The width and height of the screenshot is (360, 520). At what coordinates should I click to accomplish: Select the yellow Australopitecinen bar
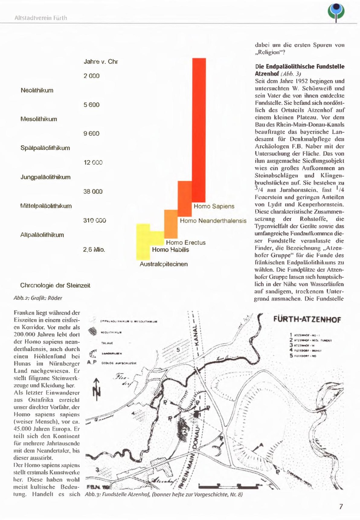pos(143,241)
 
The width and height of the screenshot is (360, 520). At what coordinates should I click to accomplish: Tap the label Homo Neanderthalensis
pos(213,221)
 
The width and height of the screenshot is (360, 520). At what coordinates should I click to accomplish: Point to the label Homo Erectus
pos(186,243)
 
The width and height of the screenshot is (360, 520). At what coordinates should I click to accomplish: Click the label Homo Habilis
pos(171,250)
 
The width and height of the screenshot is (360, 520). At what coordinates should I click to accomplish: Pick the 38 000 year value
pos(93,192)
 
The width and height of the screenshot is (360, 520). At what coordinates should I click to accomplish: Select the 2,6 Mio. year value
pos(94,250)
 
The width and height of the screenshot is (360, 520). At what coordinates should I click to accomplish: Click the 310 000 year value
pos(95,221)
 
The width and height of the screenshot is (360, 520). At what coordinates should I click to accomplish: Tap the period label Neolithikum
pos(37,90)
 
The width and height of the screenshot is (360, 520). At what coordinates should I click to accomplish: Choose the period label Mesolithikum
pos(39,119)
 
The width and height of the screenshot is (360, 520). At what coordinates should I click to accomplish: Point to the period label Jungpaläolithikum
pos(45,177)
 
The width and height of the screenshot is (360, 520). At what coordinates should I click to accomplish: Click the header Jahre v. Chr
pos(101,62)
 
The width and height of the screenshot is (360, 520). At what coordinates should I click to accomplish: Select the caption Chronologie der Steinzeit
pos(55,286)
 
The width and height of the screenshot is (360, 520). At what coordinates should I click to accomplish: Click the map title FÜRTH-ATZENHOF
pos(307,320)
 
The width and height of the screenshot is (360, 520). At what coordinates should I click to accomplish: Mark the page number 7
pos(341,507)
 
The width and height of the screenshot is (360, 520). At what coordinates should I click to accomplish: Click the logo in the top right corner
pos(336,12)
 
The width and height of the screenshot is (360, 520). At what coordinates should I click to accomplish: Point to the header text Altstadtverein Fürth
pos(41,18)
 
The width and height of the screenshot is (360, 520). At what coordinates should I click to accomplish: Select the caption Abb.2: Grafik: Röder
pos(38,298)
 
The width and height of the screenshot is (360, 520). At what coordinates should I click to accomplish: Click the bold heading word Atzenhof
pos(267,74)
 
